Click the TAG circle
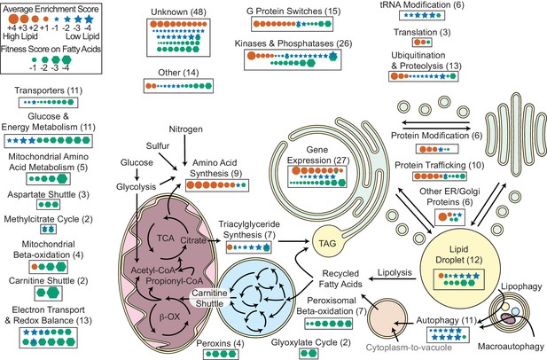tap(327, 242)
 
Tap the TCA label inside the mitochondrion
tap(166, 239)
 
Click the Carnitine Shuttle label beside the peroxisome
tap(209, 298)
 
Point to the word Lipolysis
tap(395, 272)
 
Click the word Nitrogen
tap(185, 129)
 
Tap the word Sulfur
tap(158, 145)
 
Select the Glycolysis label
tap(136, 187)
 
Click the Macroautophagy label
tap(511, 347)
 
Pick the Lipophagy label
tap(521, 286)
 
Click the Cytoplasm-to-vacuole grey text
tap(409, 348)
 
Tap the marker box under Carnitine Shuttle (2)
tap(48, 293)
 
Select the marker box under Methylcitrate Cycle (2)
tap(48, 229)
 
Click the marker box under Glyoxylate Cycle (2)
tap(309, 354)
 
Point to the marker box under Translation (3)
tap(422, 43)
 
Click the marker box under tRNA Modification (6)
tap(422, 15)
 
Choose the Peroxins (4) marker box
tap(221, 354)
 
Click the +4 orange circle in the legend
tap(13, 19)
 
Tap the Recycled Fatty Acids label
tap(340, 278)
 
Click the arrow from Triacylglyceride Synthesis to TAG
tap(293, 240)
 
